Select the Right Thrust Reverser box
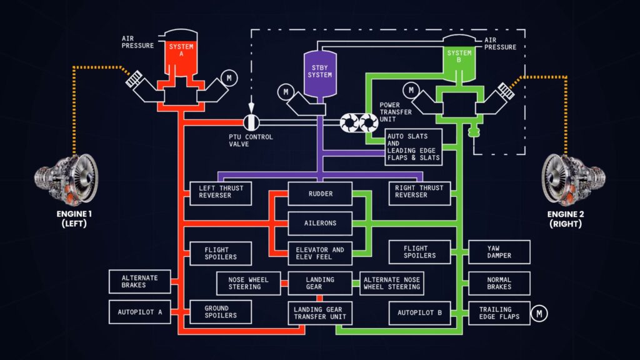point(419,191)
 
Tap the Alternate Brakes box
point(140,282)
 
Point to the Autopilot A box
point(140,312)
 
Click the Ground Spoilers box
point(221,311)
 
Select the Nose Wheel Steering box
point(248,283)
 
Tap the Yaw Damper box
point(499,252)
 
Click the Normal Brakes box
point(499,283)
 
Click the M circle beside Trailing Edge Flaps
point(539,313)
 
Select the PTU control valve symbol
point(251,121)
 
